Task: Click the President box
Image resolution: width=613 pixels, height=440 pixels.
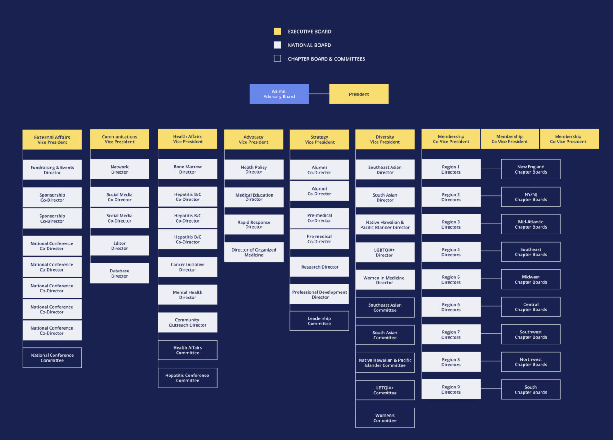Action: [359, 94]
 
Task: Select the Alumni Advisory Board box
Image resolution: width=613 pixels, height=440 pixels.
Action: [279, 94]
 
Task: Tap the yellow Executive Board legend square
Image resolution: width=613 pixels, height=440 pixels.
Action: [277, 31]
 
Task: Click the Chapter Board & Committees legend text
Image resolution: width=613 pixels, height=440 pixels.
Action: [326, 59]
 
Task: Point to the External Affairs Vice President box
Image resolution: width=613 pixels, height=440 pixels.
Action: [52, 139]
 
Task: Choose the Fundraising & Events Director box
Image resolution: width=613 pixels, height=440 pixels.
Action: [52, 170]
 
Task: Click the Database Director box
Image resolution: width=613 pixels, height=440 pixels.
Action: [120, 273]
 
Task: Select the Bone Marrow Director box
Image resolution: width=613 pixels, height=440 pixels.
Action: [187, 169]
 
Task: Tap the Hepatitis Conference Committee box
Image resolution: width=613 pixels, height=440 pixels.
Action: [187, 378]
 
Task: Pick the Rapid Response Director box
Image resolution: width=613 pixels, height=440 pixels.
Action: [254, 225]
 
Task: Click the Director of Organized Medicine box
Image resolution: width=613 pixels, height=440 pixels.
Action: [254, 252]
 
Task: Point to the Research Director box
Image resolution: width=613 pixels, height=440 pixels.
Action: [319, 267]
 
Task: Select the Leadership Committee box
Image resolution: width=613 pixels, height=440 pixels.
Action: [319, 321]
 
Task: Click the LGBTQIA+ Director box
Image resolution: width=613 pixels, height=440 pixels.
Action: [385, 252]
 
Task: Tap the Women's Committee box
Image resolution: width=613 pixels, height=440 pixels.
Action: [385, 418]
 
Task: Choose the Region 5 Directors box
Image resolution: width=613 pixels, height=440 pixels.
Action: [451, 279]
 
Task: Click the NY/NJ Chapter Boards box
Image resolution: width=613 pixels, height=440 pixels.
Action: [530, 197]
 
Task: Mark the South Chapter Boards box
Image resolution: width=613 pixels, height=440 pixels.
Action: [530, 390]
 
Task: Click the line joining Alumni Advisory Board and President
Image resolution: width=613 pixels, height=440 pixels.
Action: [319, 94]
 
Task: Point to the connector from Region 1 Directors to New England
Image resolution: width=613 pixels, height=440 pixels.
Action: [491, 168]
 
